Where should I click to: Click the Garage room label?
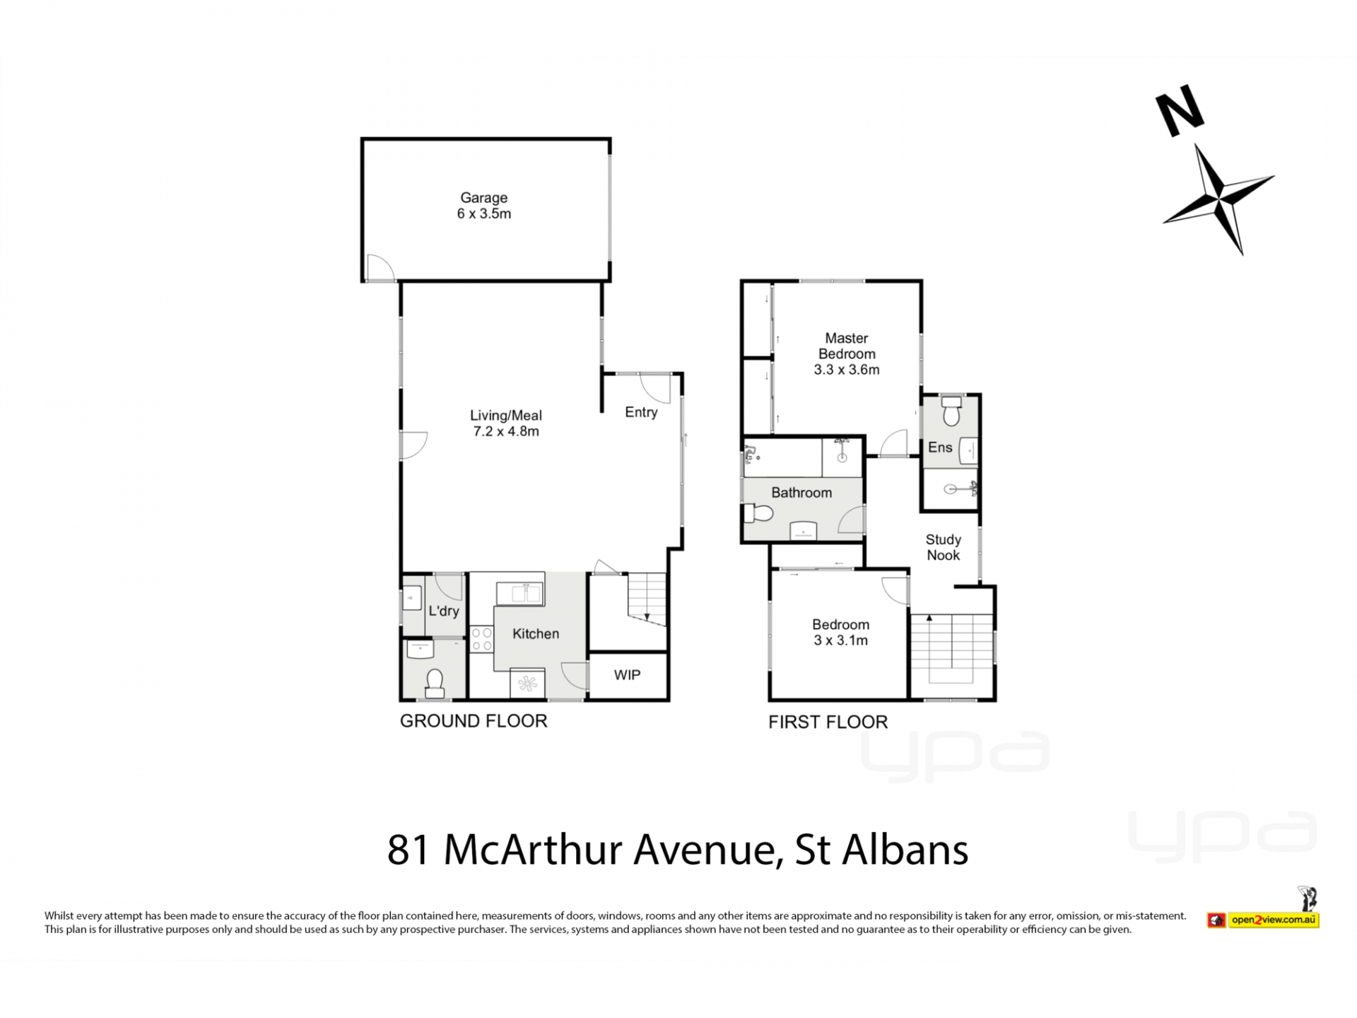484,198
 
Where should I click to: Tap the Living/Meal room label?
506,416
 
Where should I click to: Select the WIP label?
627,675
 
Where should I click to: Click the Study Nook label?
944,547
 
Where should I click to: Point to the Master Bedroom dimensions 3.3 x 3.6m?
847,369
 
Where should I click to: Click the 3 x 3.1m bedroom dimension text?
840,640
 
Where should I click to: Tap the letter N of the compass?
1180,111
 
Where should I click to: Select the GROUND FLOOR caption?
474,721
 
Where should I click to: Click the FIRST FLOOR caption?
828,722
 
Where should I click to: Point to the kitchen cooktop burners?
482,638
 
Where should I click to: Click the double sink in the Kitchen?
519,594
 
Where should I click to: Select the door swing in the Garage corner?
380,267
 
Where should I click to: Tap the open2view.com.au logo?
1263,919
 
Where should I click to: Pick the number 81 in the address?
409,850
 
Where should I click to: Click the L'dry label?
444,611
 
